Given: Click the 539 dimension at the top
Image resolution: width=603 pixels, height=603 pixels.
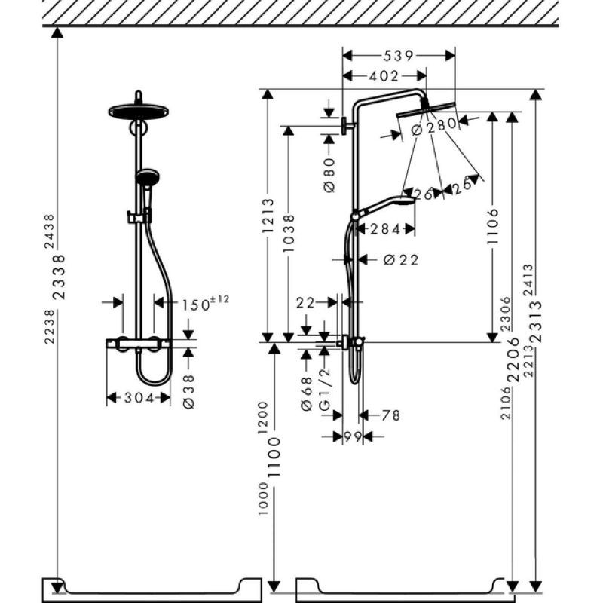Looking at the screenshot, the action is click(x=398, y=56).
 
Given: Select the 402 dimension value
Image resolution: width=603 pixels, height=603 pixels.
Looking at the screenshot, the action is click(x=384, y=77).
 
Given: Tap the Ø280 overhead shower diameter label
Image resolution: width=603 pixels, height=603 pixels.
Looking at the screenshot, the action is click(x=434, y=127).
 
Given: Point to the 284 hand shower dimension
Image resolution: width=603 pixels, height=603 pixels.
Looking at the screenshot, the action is click(x=385, y=230).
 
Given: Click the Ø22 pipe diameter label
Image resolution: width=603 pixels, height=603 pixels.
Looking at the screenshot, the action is click(x=401, y=260).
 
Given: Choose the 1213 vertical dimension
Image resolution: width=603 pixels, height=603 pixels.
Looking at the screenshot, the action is click(x=268, y=216).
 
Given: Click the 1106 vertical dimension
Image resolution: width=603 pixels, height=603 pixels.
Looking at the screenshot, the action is click(x=493, y=226).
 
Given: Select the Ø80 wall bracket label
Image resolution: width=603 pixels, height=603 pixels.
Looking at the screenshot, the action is click(x=329, y=175).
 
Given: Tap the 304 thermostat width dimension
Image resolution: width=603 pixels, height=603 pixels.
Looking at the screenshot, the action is click(x=139, y=398).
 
